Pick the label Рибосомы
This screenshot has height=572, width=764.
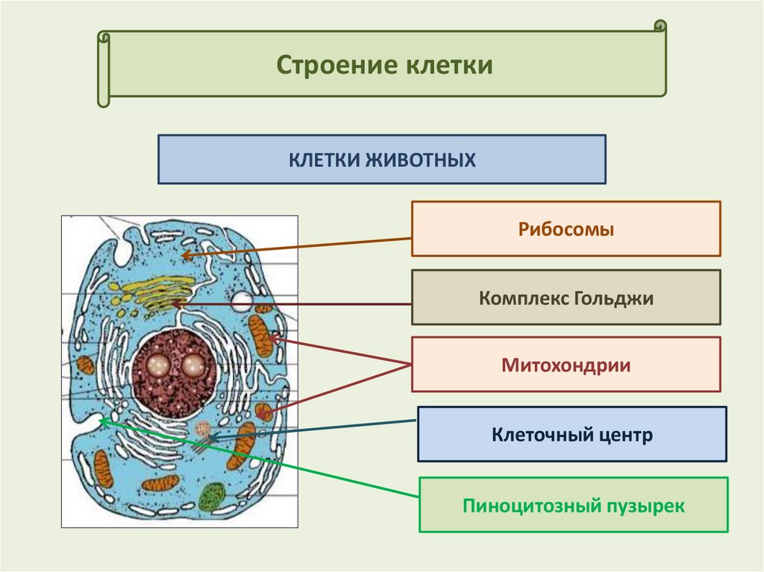[566, 229]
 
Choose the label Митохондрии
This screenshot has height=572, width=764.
[566, 365]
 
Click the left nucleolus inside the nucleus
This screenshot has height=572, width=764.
[158, 365]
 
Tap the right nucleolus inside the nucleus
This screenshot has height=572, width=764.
[193, 365]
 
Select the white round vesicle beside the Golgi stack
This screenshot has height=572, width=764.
[242, 301]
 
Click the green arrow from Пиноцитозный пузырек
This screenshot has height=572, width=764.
[261, 460]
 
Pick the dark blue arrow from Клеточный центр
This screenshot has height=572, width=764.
[313, 429]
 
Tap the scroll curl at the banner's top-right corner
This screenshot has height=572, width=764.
[660, 26]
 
